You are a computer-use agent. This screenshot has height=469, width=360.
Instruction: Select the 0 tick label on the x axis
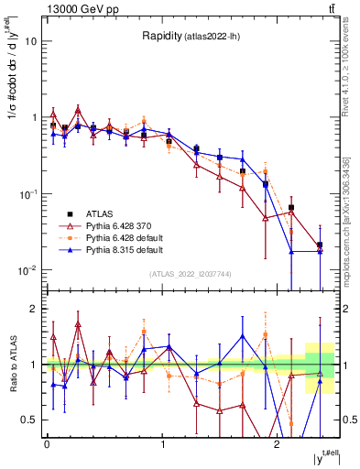pos(46,443)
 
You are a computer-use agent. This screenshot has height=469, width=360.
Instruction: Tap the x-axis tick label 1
pos(162,443)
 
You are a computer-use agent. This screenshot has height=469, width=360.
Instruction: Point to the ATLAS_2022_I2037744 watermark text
pos(191,274)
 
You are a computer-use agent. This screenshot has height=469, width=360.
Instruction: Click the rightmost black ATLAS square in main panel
pos(319,245)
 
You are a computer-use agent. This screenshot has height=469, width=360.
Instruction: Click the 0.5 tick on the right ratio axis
pos(344,420)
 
